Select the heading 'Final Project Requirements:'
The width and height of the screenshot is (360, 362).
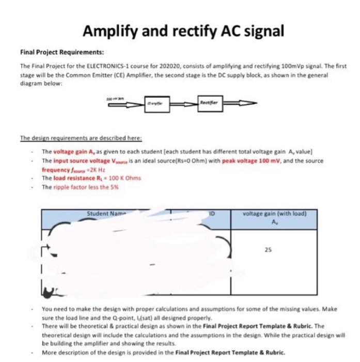coord(61,52)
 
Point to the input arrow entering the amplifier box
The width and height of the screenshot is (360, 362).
coord(124,103)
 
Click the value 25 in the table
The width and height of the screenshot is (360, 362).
coord(267,249)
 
